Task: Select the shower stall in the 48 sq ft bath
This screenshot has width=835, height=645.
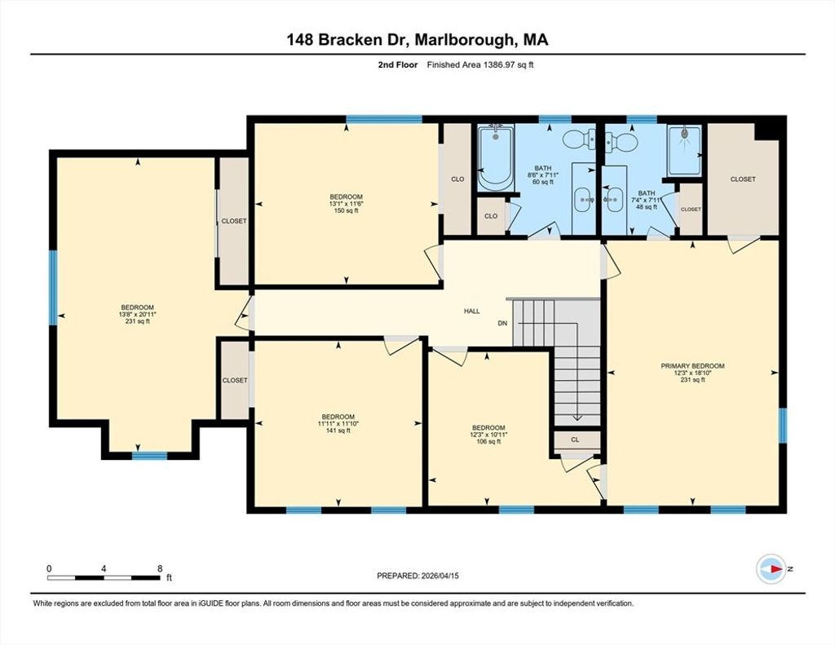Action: pos(684,150)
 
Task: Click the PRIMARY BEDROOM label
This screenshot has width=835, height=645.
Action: pos(692,366)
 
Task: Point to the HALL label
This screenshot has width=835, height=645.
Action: pos(472,311)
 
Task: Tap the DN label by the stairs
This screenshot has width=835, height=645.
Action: pos(502,323)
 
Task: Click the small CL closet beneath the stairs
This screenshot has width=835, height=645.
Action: pos(575,440)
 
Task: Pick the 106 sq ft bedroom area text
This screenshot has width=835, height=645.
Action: pos(488,441)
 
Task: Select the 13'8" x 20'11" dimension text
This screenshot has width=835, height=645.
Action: pos(137,314)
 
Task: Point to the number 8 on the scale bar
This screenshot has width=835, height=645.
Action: pos(160,568)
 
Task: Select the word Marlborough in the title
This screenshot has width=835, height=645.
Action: pos(464,40)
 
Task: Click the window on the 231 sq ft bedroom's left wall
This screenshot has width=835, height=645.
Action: pos(53,288)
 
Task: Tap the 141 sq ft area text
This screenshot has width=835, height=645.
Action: pos(338,431)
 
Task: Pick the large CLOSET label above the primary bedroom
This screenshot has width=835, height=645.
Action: pos(743,179)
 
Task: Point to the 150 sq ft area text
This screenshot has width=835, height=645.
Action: pos(346,210)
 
